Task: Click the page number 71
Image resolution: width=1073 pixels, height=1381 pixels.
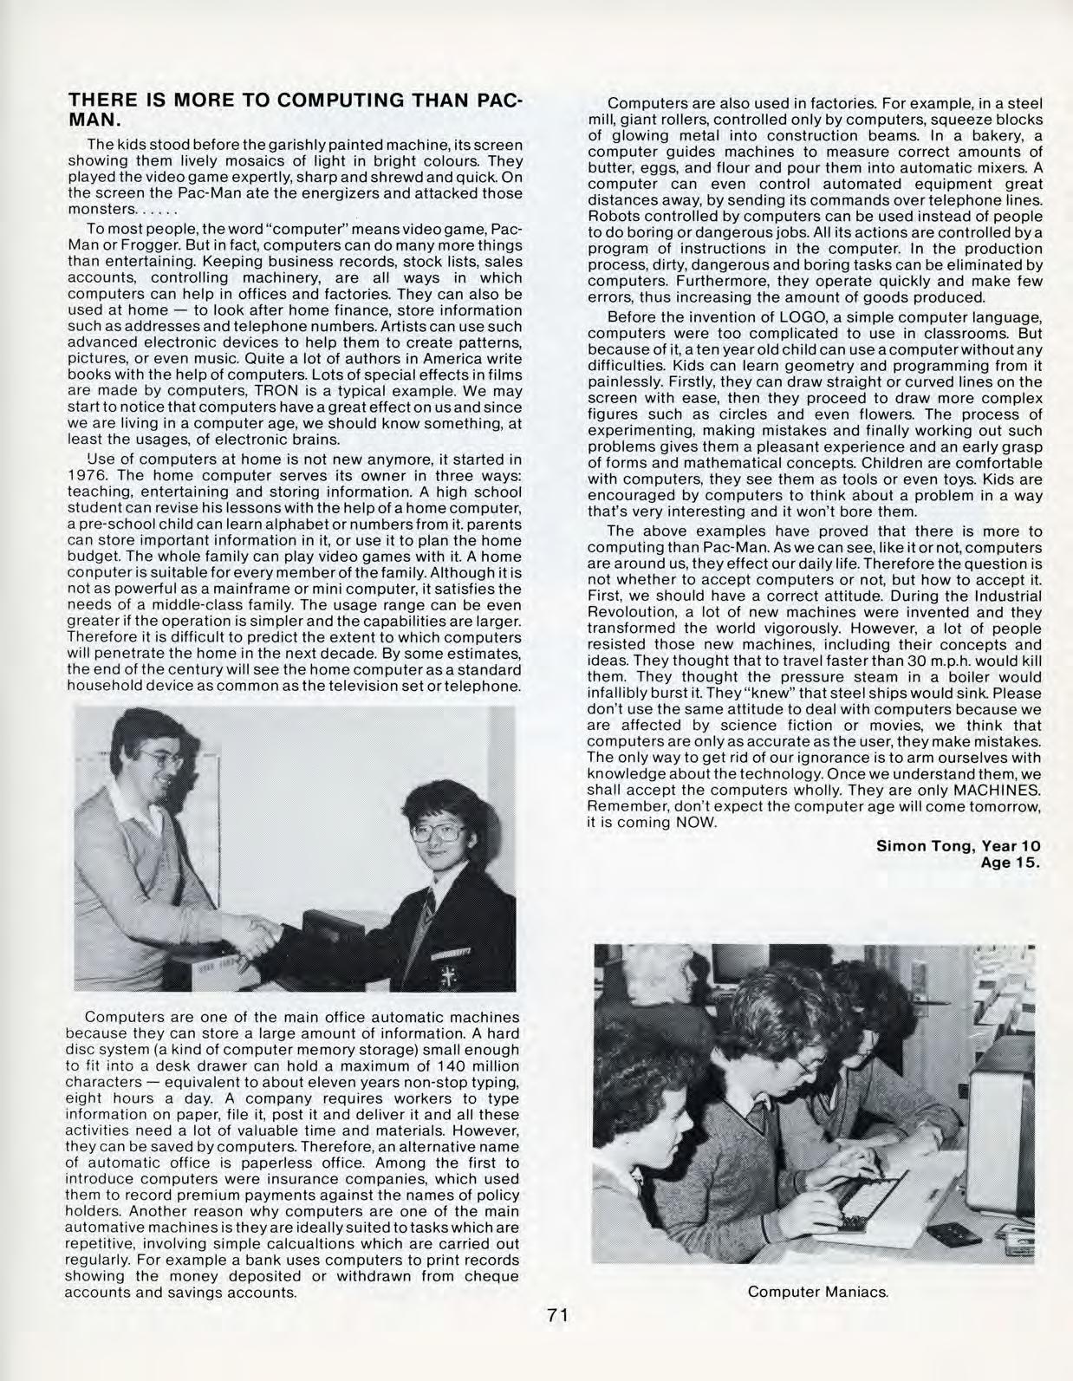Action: pyautogui.click(x=557, y=1315)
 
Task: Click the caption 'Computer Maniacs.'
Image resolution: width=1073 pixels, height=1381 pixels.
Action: pyautogui.click(x=819, y=1292)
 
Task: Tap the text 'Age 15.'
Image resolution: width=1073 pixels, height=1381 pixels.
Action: pyautogui.click(x=1010, y=863)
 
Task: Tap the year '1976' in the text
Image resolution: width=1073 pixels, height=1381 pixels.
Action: pyautogui.click(x=88, y=475)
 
